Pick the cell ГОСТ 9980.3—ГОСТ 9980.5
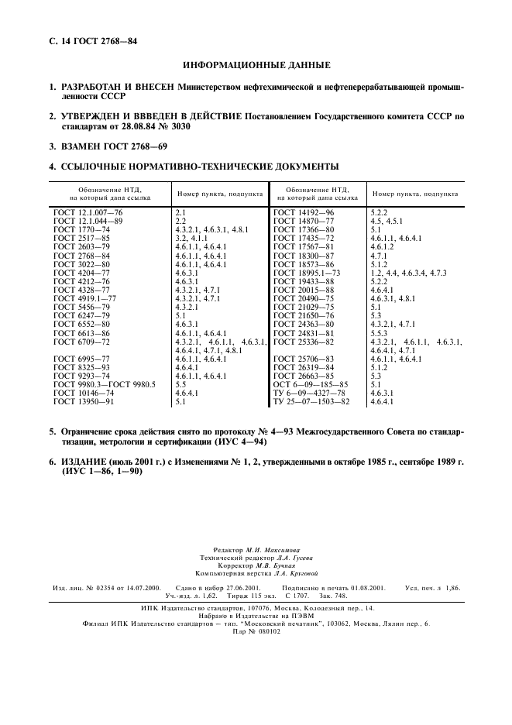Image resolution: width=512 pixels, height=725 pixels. coord(105,384)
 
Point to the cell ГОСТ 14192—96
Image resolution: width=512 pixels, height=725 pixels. coord(304,211)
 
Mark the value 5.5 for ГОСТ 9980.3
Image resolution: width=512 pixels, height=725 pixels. coord(180,384)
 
